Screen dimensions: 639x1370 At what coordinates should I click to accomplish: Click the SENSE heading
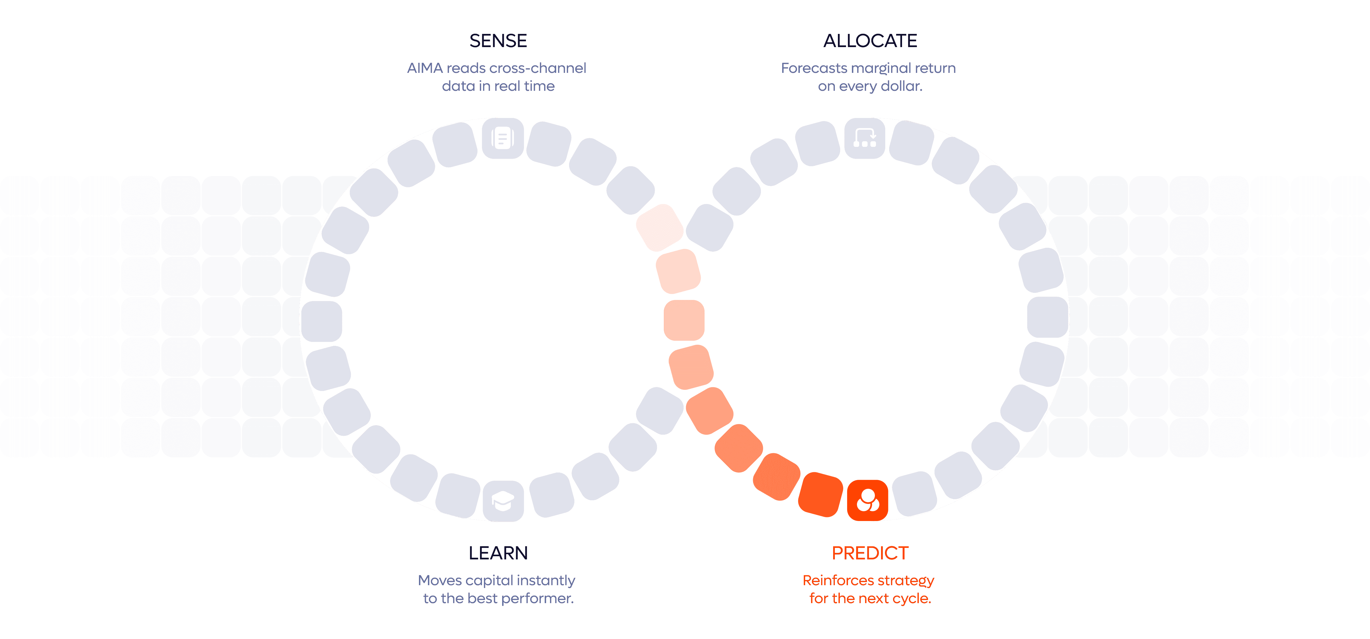click(x=498, y=41)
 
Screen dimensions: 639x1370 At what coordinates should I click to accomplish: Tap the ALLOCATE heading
click(x=870, y=41)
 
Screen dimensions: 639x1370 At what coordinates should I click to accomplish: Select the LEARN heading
click(x=498, y=553)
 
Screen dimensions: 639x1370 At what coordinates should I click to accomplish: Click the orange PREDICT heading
click(x=870, y=553)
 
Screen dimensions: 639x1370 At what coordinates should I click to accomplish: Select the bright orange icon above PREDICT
click(x=867, y=501)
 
